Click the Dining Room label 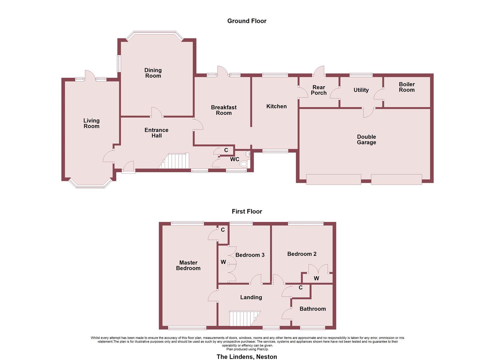153,73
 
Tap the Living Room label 91,123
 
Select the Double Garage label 366,139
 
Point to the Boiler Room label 407,87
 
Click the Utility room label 361,90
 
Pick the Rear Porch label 319,90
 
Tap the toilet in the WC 244,163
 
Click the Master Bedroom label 188,265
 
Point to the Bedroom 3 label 250,255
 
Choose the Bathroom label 313,309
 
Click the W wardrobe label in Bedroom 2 316,278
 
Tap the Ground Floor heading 247,21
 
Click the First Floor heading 247,212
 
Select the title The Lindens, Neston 247,357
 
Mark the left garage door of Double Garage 333,179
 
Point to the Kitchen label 276,106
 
